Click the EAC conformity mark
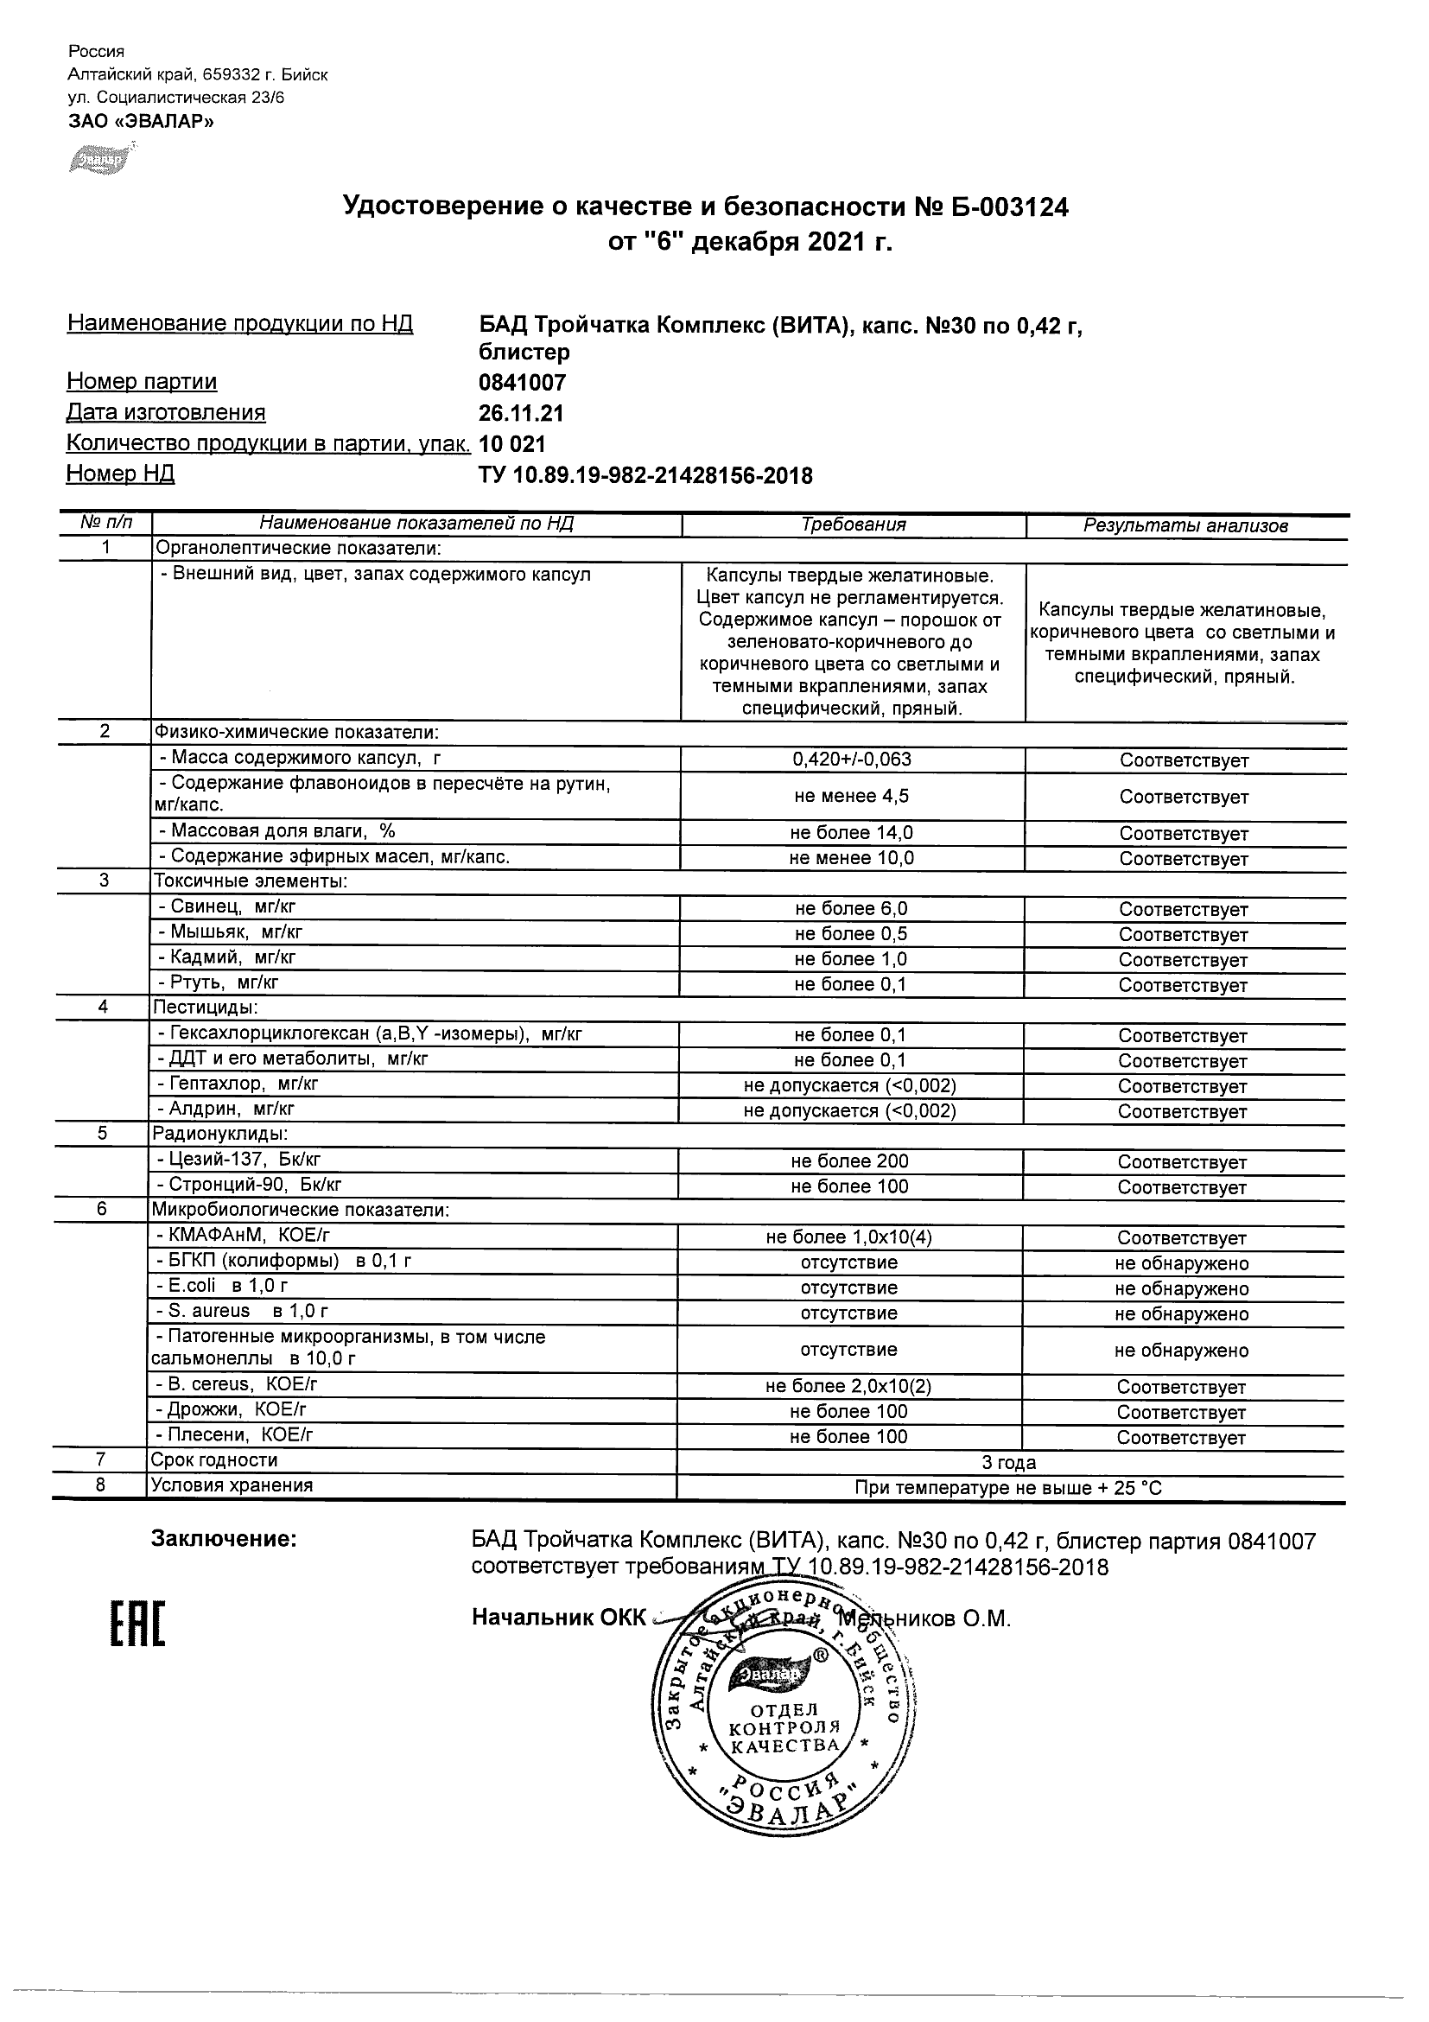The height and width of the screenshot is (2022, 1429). point(137,1625)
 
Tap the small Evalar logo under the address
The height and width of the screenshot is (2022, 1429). point(98,159)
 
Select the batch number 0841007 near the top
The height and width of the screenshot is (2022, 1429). point(522,383)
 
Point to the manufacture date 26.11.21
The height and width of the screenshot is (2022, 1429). point(521,414)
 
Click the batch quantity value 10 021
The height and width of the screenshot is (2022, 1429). point(512,445)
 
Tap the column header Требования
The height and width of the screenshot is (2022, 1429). point(854,525)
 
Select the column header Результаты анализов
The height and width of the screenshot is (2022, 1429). point(1185,526)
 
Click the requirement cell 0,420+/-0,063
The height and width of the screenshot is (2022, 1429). point(851,760)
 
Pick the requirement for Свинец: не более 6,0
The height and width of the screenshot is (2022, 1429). point(850,909)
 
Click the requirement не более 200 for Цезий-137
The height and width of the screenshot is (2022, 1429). point(849,1161)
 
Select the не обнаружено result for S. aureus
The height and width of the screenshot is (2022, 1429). point(1182,1314)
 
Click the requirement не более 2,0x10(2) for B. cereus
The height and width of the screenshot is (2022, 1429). point(848,1386)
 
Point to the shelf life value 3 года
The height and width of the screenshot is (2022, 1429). point(1009,1463)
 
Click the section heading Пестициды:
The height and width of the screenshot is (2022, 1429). point(206,1008)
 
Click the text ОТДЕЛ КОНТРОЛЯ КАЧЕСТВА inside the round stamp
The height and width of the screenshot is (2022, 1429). point(784,1728)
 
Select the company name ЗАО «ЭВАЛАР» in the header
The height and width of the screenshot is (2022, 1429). point(141,122)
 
